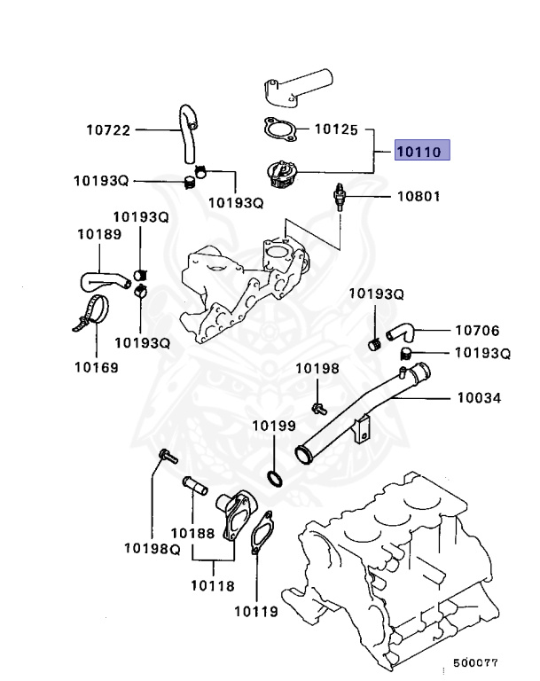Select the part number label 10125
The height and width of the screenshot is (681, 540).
coord(336,130)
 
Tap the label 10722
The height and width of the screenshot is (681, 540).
coord(108,130)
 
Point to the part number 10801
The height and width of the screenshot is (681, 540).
coord(417,196)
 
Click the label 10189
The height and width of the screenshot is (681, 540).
coord(98,234)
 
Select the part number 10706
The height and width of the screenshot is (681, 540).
coord(477,331)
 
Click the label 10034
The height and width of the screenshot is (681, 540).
coord(479,399)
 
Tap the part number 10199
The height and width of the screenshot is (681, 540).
coord(273,426)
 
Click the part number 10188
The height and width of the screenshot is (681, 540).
coord(192,533)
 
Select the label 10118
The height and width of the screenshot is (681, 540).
coord(213,585)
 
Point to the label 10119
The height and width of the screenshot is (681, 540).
coord(256,611)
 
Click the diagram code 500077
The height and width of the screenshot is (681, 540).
coord(476,663)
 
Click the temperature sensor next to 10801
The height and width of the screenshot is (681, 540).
coord(340,197)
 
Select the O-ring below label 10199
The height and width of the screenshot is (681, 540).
coord(275,480)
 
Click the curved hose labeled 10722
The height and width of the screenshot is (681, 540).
coord(188,133)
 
